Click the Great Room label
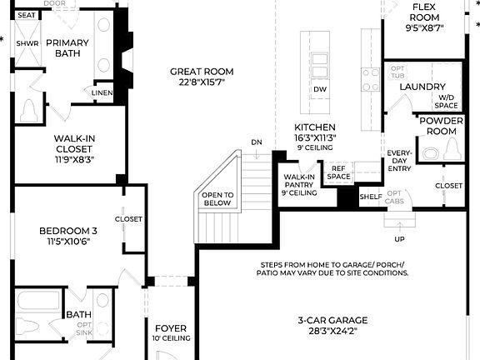point(202,72)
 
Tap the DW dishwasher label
point(320,90)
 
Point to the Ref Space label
point(338,172)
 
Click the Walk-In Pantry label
point(299,182)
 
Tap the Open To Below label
point(217,199)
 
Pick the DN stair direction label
point(257,142)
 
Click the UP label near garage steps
point(399,239)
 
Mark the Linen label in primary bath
point(102,93)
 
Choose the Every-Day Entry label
point(399,161)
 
